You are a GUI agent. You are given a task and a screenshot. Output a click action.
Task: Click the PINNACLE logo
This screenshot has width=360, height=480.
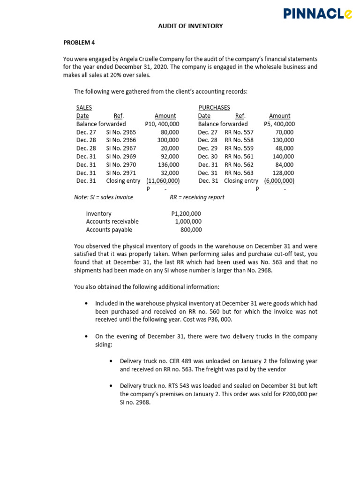point(317,14)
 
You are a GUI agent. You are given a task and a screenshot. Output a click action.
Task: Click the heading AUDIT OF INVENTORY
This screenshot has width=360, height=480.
point(190,26)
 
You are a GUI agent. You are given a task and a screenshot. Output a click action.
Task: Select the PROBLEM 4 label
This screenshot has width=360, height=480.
point(79,43)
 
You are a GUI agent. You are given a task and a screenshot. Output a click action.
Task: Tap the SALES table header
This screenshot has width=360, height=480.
point(84,107)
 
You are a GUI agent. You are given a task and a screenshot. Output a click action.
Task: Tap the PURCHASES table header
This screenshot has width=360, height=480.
point(214,107)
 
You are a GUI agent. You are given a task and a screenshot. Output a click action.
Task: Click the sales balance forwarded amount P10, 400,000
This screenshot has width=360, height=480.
point(161,124)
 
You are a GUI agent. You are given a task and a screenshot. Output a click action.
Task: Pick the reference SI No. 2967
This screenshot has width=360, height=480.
point(121,148)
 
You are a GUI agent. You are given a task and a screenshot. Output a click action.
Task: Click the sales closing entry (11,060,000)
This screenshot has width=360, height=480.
point(163,181)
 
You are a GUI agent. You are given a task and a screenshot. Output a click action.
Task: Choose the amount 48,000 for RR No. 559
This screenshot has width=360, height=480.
point(285,148)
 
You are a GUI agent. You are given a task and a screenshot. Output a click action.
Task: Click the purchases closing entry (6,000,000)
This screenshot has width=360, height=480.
point(279,181)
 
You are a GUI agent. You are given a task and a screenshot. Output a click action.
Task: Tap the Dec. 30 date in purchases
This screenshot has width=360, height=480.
point(208,157)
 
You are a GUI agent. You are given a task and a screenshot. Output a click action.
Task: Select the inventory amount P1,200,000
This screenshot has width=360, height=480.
point(186,213)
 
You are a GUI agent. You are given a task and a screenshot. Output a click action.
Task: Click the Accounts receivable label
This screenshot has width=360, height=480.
point(112,222)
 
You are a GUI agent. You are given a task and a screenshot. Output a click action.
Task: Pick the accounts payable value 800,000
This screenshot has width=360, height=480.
point(191,230)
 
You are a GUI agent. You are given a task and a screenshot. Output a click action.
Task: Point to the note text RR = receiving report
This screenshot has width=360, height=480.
point(197,197)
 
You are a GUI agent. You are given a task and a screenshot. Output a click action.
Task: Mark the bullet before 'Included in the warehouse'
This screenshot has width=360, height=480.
point(87,303)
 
